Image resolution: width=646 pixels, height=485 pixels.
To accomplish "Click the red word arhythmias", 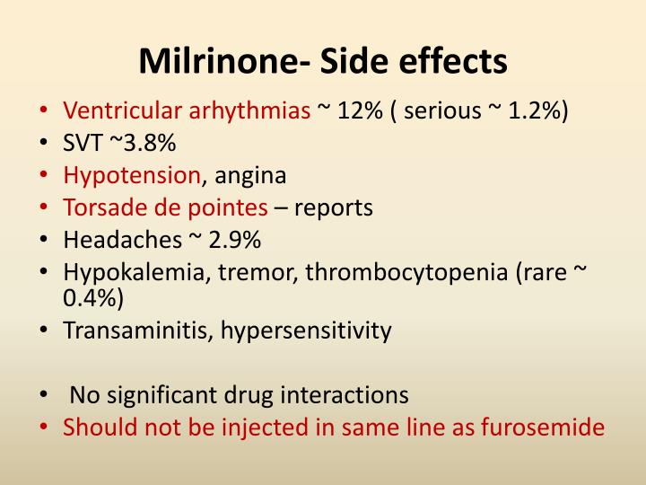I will [x=249, y=111].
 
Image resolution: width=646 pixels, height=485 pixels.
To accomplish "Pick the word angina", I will [x=249, y=176].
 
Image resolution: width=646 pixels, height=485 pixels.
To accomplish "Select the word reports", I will [x=333, y=208].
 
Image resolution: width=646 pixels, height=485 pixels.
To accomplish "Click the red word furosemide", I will [x=543, y=427].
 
